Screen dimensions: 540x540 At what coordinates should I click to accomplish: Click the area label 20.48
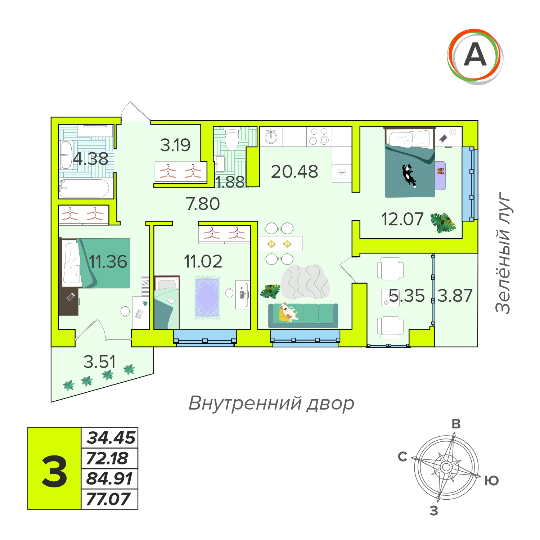(x=294, y=172)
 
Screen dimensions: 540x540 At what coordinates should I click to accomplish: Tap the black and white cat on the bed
(x=409, y=175)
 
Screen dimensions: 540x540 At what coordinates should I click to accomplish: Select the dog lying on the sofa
(x=288, y=312)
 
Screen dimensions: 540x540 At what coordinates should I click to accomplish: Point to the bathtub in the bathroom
(x=84, y=188)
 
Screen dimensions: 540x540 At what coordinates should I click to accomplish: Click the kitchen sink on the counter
(x=271, y=136)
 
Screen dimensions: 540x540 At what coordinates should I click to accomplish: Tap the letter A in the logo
(x=475, y=55)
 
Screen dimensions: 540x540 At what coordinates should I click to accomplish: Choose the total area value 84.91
(x=109, y=478)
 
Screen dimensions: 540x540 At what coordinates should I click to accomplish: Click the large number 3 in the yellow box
(x=54, y=471)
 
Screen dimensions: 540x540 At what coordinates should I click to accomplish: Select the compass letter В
(x=456, y=424)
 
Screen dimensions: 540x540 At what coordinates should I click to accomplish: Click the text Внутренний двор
(x=271, y=403)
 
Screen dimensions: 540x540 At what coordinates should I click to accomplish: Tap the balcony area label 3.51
(x=100, y=362)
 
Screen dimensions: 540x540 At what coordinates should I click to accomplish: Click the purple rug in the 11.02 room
(x=207, y=297)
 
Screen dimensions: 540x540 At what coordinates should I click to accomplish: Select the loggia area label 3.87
(x=455, y=296)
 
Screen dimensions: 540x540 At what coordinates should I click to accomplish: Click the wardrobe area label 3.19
(x=175, y=145)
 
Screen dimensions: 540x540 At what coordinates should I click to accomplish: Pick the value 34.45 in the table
(x=111, y=438)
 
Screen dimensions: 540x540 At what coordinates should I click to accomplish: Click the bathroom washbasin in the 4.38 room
(x=67, y=155)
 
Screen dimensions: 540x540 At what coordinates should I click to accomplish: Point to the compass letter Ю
(x=491, y=481)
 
